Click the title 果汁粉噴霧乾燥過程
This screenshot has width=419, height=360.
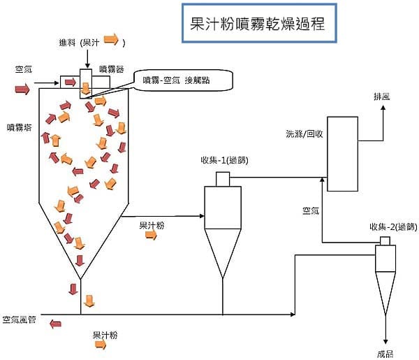(257, 24)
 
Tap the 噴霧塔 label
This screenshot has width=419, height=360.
(20, 127)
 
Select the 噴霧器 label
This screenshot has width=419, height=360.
(112, 69)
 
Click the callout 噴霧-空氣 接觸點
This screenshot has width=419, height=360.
(176, 80)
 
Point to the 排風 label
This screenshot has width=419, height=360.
(382, 96)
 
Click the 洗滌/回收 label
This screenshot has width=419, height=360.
(304, 134)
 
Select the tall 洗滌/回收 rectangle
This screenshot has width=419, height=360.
(343, 154)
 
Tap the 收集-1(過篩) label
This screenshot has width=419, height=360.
(224, 160)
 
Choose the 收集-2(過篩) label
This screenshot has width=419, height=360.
(393, 226)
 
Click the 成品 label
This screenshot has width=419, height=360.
(385, 354)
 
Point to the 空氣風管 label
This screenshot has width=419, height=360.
(20, 319)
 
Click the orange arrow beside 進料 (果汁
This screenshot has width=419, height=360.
(111, 40)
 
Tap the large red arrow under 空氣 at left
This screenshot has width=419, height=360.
(22, 89)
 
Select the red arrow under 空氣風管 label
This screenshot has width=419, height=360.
(55, 324)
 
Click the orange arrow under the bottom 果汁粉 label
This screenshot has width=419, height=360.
(101, 345)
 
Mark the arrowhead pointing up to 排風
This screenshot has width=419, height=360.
(383, 108)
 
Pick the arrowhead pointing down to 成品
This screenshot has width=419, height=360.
(385, 342)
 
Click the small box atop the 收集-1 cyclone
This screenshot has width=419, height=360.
(223, 179)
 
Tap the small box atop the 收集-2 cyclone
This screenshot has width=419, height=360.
(385, 241)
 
